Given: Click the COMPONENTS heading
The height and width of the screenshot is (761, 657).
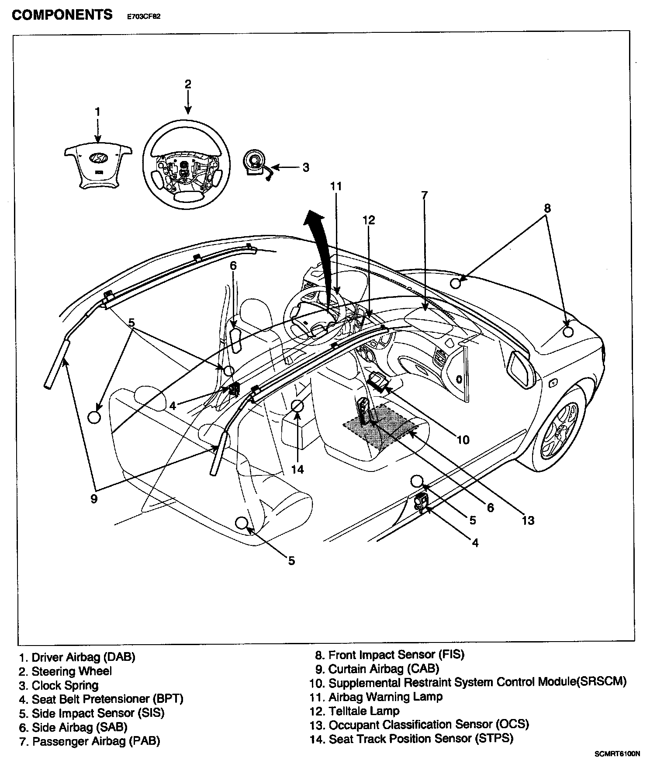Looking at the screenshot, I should click(62, 15).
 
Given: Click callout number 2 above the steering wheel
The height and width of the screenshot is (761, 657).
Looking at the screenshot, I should click(188, 84).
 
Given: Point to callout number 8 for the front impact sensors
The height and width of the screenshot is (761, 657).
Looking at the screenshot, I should click(547, 208).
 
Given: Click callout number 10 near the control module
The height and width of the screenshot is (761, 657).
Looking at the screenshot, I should click(463, 440).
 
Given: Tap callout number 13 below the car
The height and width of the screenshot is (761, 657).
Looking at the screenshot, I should click(528, 520).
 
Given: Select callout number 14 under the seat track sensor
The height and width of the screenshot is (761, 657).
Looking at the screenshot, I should click(297, 469).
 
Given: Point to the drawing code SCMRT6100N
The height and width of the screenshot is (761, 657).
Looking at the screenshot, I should click(617, 754).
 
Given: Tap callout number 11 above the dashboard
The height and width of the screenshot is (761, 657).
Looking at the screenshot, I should click(336, 186).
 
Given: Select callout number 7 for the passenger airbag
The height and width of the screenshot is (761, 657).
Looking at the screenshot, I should click(425, 195).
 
